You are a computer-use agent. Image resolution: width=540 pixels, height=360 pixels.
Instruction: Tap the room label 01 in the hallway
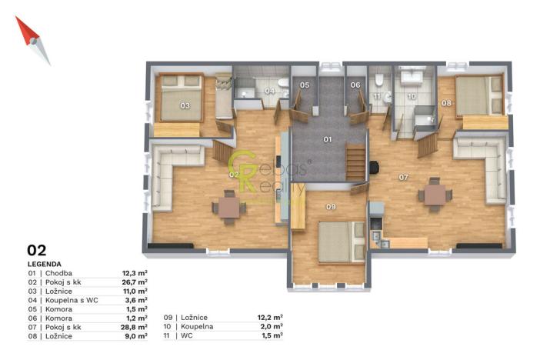327,139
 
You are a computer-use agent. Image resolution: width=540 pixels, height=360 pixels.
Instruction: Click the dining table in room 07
435,195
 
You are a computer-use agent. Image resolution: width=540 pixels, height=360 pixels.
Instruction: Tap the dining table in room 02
228,207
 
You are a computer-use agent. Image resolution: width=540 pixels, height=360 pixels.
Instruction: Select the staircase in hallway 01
355,162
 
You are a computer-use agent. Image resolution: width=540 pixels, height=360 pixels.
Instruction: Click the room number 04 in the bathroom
268,91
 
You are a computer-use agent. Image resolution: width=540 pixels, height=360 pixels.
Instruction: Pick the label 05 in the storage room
305,85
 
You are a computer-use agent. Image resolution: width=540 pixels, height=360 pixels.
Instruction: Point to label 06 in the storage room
355,85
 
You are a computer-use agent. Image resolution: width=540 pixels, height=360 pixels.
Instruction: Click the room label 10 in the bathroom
412,97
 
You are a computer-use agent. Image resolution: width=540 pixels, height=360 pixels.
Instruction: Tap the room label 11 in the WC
377,96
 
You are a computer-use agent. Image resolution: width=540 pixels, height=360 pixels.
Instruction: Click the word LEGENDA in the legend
45,263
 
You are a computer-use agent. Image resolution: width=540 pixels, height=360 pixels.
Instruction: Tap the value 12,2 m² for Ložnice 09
269,317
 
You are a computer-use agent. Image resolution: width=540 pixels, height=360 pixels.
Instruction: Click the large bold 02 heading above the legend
37,250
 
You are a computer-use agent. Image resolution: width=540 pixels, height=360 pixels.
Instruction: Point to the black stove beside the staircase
374,167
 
